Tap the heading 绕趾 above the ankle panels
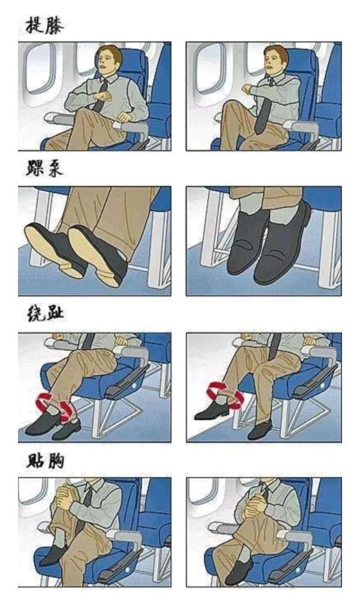click(x=44, y=314)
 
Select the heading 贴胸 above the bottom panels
click(x=44, y=460)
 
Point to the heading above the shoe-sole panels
click(x=44, y=170)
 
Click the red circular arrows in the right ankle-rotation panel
click(x=224, y=393)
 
